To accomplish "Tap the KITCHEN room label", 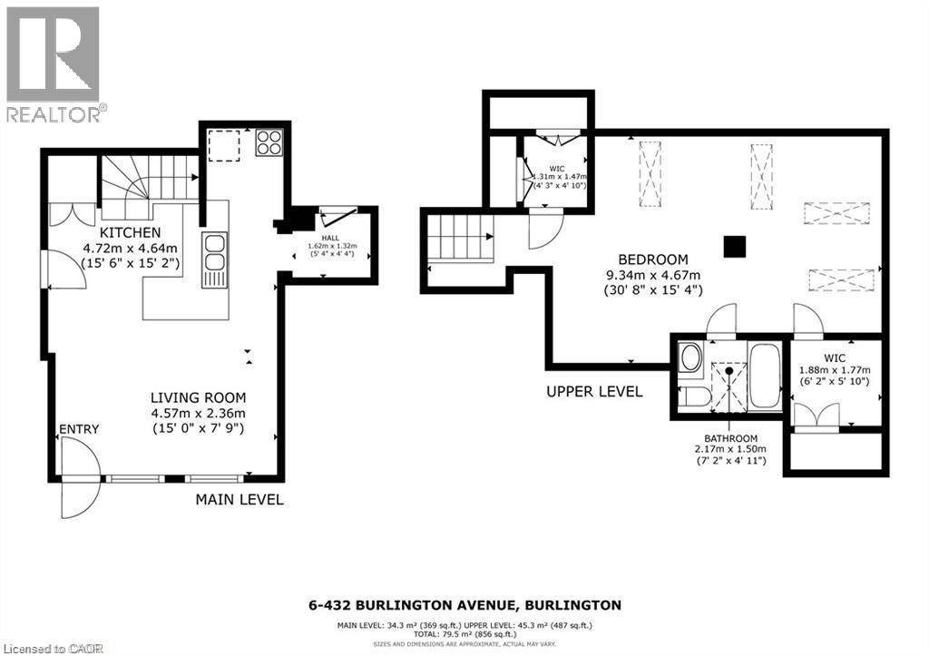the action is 131,233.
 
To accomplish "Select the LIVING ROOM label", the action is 198,397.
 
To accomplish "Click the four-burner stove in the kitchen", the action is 269,142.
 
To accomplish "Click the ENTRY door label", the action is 79,429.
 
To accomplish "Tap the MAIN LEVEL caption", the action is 240,499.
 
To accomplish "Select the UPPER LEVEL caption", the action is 594,392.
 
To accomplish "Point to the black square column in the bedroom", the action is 734,246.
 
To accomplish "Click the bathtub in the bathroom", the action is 765,377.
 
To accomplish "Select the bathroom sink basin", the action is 689,357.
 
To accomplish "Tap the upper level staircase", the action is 459,243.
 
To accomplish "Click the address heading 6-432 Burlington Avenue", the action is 464,604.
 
